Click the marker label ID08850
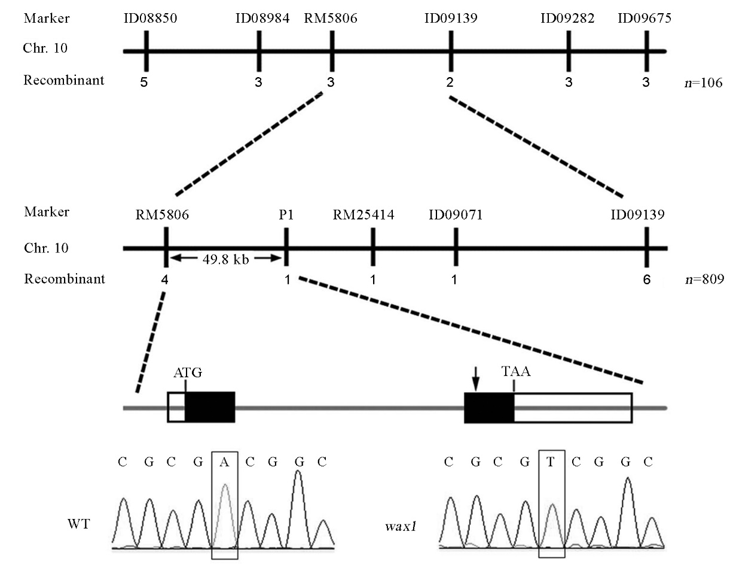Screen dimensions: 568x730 [x=146, y=19]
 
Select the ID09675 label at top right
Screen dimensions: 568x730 [x=645, y=19]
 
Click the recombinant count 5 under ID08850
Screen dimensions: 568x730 [x=143, y=83]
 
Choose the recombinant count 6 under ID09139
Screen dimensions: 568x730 [x=646, y=280]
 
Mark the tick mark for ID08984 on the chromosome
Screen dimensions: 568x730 [x=259, y=51]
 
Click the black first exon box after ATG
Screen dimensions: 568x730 [x=210, y=408]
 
